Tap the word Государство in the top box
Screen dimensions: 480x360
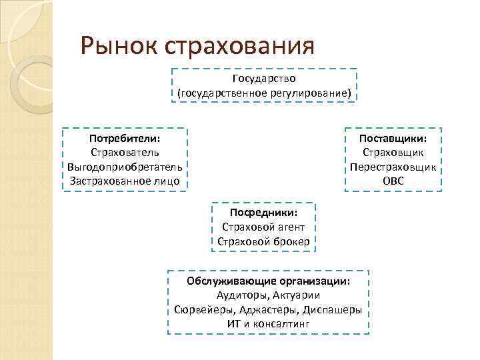click(264, 79)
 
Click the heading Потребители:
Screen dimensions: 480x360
click(125, 139)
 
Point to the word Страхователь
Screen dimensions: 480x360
click(125, 153)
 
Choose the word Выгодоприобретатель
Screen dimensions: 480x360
click(125, 167)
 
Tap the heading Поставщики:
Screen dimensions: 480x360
click(393, 139)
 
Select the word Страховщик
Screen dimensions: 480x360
click(393, 153)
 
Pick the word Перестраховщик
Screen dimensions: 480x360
click(393, 167)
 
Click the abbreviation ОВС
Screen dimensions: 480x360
click(393, 181)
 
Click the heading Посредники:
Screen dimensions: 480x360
click(263, 213)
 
